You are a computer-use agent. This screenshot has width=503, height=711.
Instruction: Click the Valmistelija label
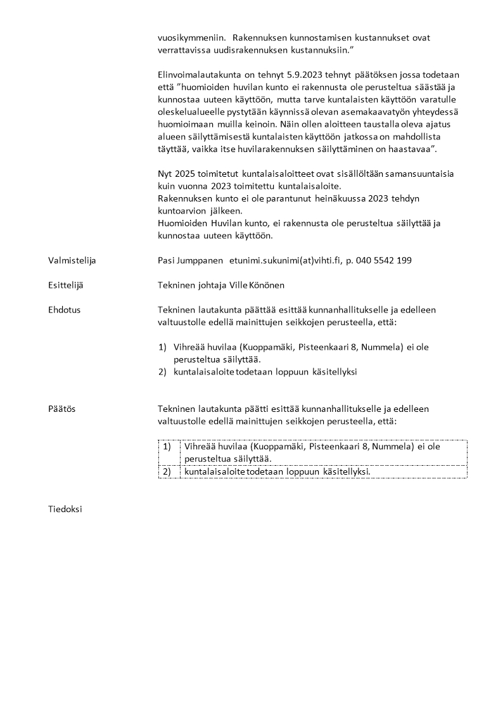click(x=72, y=260)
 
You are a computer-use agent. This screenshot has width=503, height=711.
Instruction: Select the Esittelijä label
click(x=66, y=285)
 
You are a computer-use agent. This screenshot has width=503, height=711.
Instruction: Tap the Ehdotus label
click(x=65, y=310)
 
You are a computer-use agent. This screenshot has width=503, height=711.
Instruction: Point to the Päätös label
click(x=62, y=409)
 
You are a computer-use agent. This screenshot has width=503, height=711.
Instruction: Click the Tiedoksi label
click(x=65, y=508)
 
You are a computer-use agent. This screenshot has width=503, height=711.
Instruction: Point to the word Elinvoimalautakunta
click(x=199, y=75)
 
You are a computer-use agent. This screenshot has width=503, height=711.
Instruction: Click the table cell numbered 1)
click(x=167, y=446)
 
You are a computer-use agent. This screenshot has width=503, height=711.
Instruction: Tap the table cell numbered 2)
click(x=167, y=471)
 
